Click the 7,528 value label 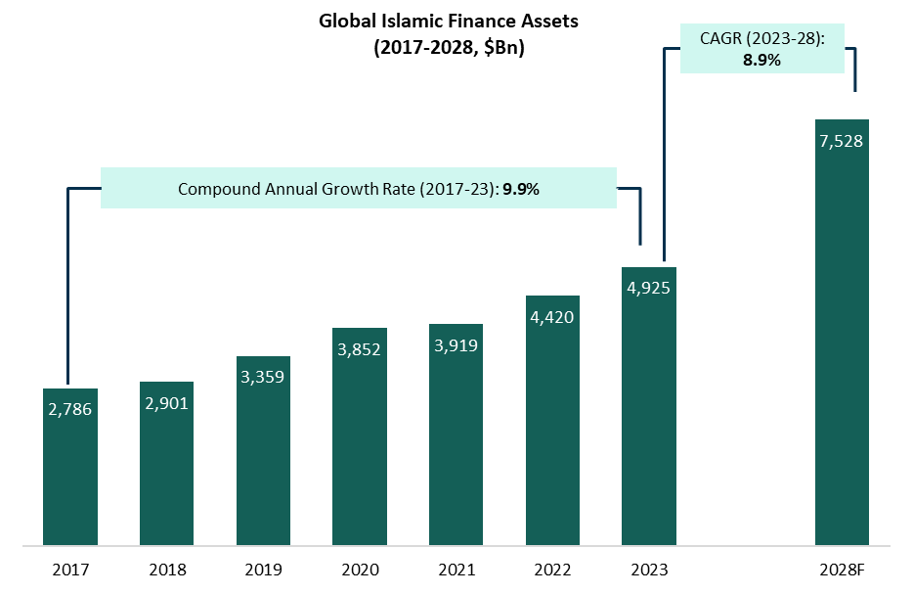coord(842,141)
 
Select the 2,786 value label coord(70,409)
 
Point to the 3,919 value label coord(456,344)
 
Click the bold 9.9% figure coord(521,189)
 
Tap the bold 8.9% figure coord(760,60)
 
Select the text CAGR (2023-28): coord(760,38)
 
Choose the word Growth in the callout coord(348,189)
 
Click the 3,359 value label coord(263,376)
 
